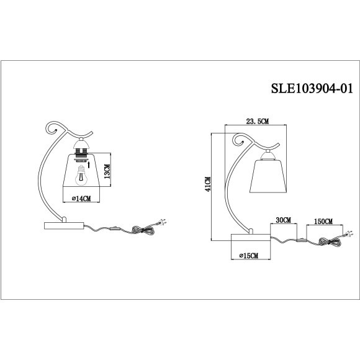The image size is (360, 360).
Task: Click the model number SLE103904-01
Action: pos(312,88)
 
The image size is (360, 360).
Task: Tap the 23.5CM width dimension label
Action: pos(257,121)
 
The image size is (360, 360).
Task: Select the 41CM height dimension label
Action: pos(209,184)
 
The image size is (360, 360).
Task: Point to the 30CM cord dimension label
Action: pos(283,220)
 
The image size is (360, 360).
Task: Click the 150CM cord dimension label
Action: pos(323,222)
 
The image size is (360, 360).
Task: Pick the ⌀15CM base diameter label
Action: pos(248,256)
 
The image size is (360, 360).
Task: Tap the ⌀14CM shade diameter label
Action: pos(81,199)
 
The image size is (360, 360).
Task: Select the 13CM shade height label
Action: pos(107,171)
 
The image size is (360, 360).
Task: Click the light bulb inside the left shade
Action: pos(81,176)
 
